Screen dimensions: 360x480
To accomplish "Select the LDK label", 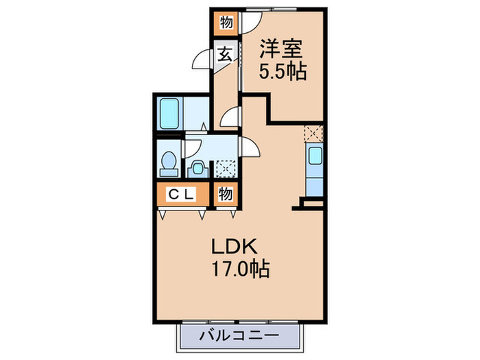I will [239, 245].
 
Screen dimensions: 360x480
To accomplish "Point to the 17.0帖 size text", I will [239, 267].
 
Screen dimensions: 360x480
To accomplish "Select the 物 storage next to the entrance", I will [225, 23].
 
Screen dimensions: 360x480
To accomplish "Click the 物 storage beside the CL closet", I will [225, 194].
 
